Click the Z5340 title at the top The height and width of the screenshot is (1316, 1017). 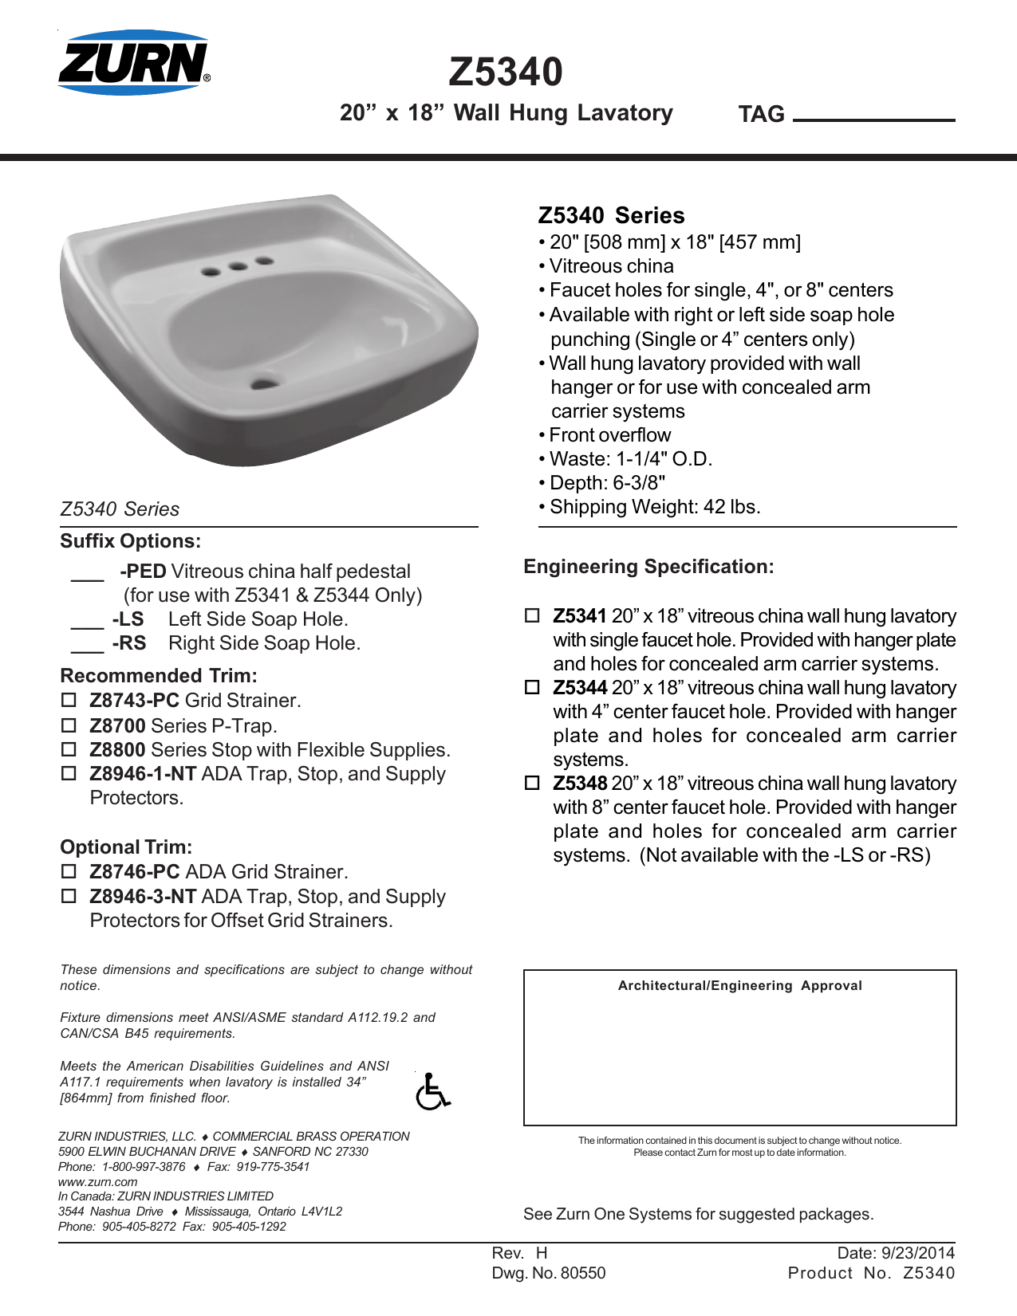point(506,72)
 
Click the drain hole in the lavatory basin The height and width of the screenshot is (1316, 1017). point(264,383)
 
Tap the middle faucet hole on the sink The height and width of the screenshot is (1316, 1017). point(238,266)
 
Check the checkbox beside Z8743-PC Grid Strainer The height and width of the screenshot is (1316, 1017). point(69,701)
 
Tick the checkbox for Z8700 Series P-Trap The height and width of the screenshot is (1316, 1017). point(69,725)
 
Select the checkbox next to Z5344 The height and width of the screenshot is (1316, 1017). point(532,687)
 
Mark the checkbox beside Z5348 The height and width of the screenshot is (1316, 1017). point(532,783)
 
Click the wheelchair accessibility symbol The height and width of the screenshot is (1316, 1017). point(432,1091)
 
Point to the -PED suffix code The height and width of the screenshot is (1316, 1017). point(143,572)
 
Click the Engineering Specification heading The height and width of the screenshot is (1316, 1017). point(648,567)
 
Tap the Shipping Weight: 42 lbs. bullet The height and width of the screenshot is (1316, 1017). point(654,507)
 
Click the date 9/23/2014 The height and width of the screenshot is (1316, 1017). point(916,1253)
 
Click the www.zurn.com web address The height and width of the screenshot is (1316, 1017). point(97,1182)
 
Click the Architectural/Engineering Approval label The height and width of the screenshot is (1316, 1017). point(739,986)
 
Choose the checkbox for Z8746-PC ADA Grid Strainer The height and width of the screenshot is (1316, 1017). point(69,872)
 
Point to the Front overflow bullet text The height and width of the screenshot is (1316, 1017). point(609,435)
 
